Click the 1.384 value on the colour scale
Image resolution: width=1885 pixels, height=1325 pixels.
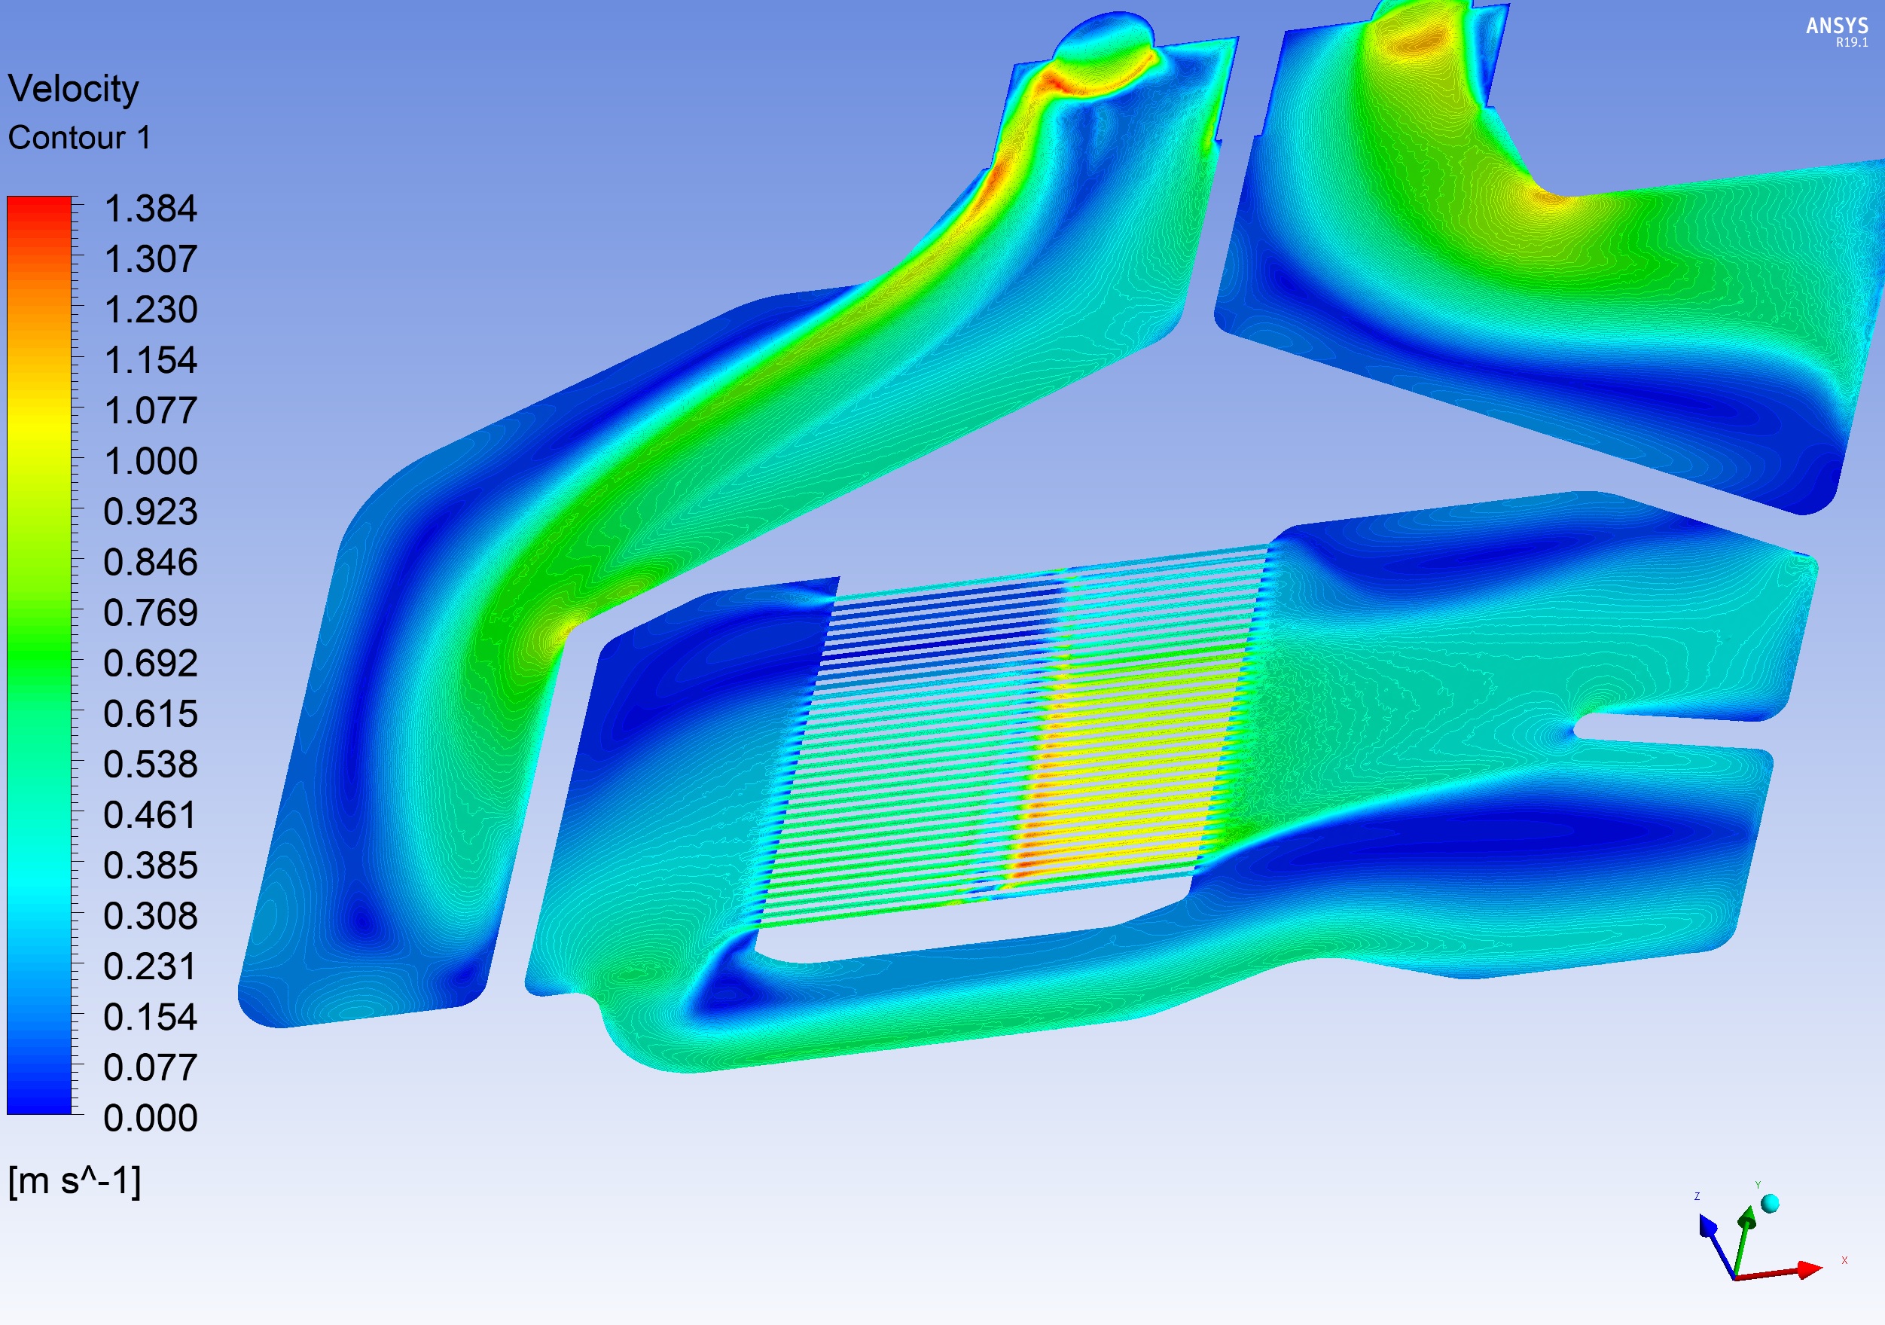[150, 209]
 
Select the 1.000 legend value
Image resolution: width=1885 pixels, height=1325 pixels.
[150, 461]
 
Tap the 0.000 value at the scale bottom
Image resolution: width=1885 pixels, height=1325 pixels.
[150, 1118]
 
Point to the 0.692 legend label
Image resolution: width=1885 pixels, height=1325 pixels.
[150, 664]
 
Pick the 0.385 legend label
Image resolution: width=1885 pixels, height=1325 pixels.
[150, 866]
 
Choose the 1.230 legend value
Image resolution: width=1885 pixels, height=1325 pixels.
[150, 310]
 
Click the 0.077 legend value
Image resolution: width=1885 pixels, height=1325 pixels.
[150, 1067]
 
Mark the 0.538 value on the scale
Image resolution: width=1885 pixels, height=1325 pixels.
[150, 765]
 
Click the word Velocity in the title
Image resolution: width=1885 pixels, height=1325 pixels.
[73, 90]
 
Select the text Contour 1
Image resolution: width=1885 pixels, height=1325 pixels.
[80, 138]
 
